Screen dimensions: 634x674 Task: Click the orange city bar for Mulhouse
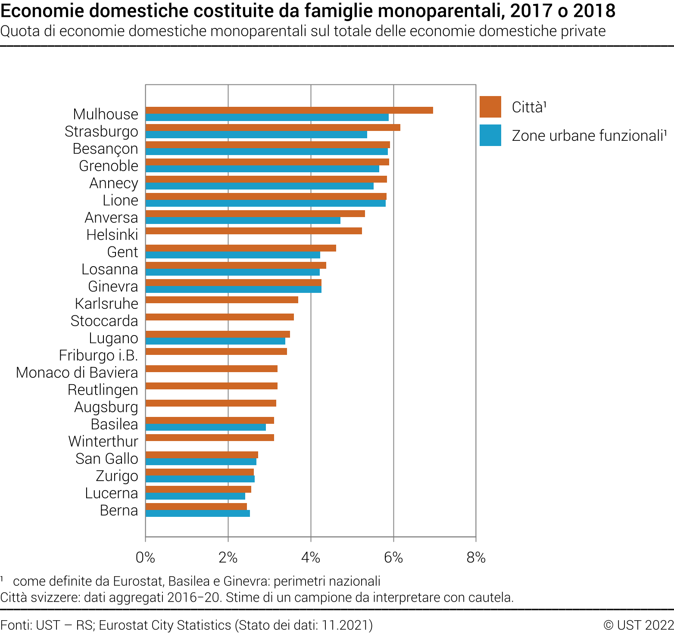click(289, 110)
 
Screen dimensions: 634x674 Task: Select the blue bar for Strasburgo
click(256, 134)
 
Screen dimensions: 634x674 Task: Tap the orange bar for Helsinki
click(253, 231)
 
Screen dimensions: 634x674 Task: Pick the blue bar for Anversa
click(243, 221)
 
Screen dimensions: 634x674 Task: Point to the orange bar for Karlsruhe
click(222, 300)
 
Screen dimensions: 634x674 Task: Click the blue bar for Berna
click(197, 513)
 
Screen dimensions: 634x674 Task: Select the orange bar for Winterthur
click(209, 438)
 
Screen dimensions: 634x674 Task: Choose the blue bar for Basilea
click(206, 427)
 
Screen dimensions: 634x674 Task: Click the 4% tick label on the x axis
click(310, 558)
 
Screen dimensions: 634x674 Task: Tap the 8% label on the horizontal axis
click(476, 558)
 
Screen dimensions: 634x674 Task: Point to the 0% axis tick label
click(145, 558)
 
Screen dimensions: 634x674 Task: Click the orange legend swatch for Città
click(490, 107)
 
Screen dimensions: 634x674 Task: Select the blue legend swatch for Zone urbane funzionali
click(490, 135)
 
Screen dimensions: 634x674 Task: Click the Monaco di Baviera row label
click(77, 373)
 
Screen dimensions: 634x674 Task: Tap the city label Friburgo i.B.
click(98, 355)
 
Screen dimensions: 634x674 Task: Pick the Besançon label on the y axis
click(105, 149)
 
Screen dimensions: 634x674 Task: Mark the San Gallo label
click(106, 459)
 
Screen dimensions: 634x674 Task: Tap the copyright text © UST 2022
click(638, 625)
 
